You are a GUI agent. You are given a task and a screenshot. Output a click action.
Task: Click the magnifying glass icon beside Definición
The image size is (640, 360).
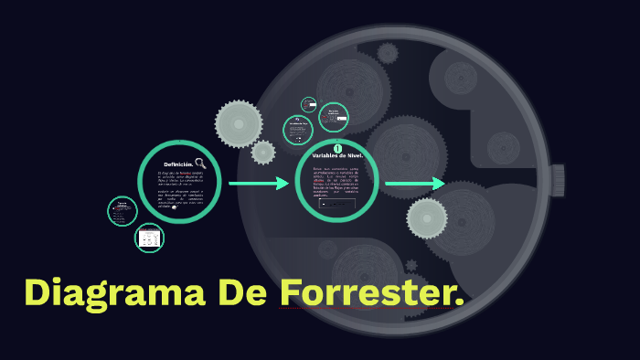pos(200,164)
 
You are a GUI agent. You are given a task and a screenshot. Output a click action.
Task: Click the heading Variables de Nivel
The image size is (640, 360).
pos(337,156)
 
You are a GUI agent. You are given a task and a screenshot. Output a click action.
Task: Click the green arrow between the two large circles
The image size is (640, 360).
pos(259,184)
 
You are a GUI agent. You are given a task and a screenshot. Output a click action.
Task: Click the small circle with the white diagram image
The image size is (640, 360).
pos(149,238)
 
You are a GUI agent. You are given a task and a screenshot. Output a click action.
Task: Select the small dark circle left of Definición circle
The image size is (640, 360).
pos(122,211)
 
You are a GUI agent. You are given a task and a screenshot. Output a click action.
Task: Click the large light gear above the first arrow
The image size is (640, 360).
pos(239,123)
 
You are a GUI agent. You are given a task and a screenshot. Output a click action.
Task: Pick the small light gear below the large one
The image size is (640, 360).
pos(263,153)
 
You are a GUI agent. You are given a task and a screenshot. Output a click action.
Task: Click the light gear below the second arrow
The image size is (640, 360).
pos(427,217)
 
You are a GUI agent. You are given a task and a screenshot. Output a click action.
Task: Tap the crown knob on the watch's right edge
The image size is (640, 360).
pos(557,180)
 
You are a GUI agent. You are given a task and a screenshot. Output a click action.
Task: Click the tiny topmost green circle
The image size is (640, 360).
pos(309,105)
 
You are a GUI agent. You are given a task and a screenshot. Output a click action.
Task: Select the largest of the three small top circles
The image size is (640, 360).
pos(334,118)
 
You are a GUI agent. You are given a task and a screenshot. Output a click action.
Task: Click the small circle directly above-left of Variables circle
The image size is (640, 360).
pos(297,129)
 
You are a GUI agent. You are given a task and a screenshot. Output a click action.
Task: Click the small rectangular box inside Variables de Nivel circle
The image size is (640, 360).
pos(337,204)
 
